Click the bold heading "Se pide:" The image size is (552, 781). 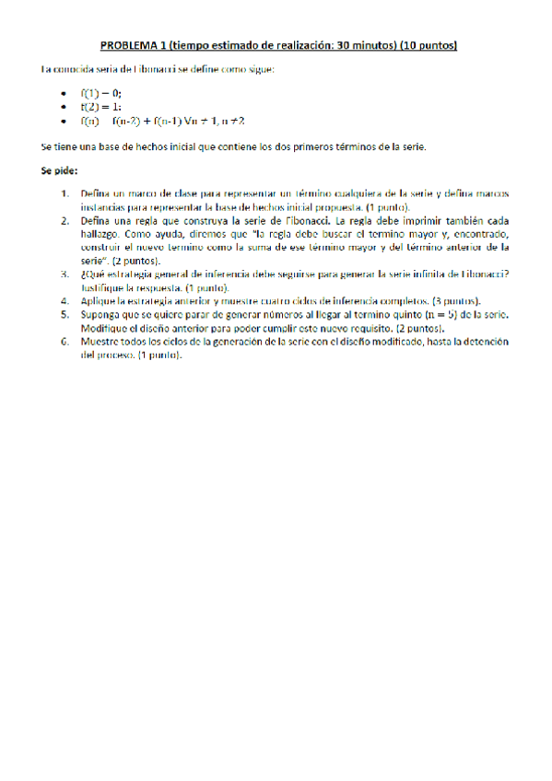(x=59, y=170)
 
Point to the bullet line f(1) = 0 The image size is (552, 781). (x=100, y=94)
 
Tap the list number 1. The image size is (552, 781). (x=65, y=194)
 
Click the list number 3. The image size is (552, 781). (x=65, y=274)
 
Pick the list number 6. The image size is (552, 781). (x=65, y=340)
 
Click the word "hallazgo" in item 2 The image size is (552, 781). (x=100, y=234)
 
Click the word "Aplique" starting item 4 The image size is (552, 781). (x=100, y=300)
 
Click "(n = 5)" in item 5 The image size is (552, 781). (x=429, y=314)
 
